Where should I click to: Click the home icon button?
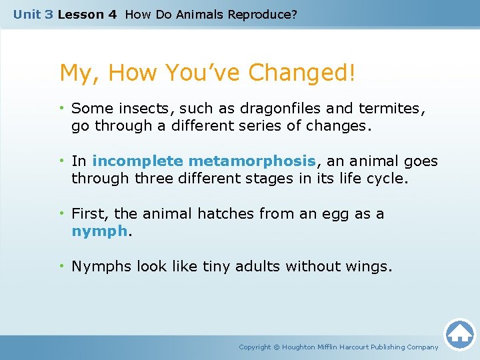(x=459, y=333)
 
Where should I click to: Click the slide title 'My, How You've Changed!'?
(x=207, y=73)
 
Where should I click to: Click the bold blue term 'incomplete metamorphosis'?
(x=203, y=161)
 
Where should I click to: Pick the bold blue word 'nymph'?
(x=99, y=231)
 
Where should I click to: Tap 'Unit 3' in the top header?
(x=33, y=14)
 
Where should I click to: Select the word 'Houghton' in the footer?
(x=300, y=347)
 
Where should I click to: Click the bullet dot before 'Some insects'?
(x=63, y=108)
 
